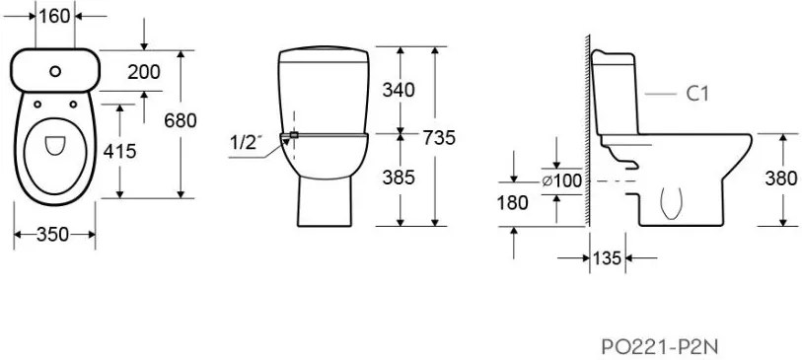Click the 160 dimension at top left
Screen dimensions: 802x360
tap(54, 17)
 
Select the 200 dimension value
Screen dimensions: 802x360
tap(144, 72)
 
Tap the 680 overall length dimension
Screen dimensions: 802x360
tap(181, 120)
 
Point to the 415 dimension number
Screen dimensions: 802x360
tap(119, 151)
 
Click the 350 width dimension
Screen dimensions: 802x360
tap(52, 234)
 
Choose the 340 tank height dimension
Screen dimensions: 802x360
tap(399, 90)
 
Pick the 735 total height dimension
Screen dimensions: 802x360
tap(439, 138)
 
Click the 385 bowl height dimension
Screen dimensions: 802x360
tap(399, 178)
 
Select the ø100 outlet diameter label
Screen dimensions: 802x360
tap(562, 181)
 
